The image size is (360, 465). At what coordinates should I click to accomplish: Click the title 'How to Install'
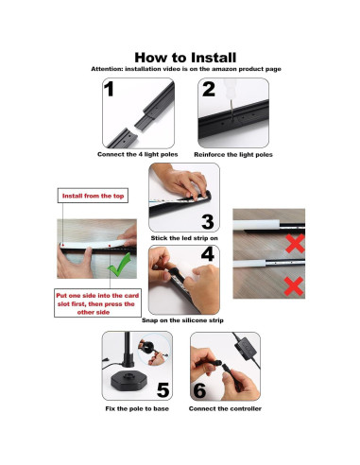(x=180, y=57)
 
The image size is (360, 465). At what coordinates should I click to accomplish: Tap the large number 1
(x=110, y=91)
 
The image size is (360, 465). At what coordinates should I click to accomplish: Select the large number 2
(x=208, y=91)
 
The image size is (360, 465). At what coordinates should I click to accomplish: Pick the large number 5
(x=163, y=388)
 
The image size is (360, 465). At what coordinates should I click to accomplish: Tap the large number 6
(x=199, y=388)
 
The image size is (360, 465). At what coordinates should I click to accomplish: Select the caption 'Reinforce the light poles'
(x=231, y=154)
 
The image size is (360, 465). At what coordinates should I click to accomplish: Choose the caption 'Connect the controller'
(x=225, y=407)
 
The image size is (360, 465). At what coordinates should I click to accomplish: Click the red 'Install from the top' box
(x=92, y=197)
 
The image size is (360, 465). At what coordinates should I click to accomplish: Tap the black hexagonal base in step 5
(x=129, y=384)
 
